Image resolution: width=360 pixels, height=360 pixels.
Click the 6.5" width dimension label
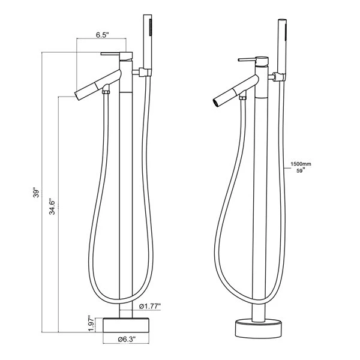101,35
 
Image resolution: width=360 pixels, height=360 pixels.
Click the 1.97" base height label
89,325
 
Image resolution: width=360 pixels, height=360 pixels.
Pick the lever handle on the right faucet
248,60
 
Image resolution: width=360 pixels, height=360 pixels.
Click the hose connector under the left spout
106,92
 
